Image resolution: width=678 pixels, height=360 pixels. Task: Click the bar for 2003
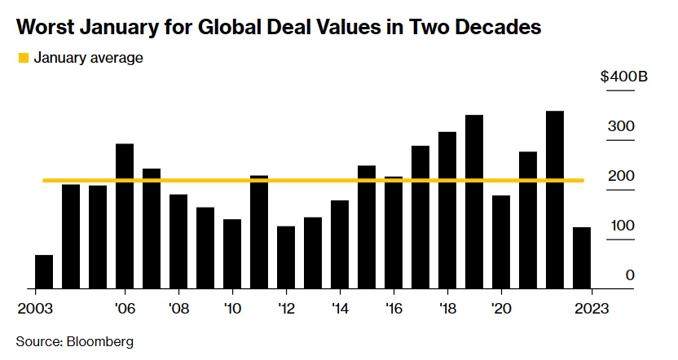tap(44, 271)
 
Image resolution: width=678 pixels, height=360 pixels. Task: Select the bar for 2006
tap(125, 216)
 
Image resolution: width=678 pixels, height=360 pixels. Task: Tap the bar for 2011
tap(259, 231)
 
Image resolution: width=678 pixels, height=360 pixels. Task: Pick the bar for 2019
tap(474, 201)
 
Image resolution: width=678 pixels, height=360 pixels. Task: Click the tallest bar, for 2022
tap(555, 200)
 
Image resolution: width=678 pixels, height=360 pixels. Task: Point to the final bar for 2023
tap(582, 257)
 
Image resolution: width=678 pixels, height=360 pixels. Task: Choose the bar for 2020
tap(501, 241)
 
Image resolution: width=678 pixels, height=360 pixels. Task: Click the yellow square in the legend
tap(23, 58)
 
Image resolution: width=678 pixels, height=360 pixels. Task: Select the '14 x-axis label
tap(340, 309)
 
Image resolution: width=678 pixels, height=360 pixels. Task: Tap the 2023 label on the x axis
tap(590, 309)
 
